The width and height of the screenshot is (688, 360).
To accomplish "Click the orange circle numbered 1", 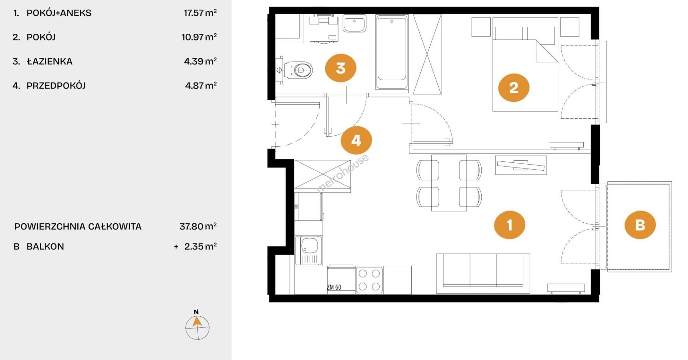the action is coord(510,225).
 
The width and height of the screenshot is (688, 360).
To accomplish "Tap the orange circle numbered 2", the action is coord(514,88).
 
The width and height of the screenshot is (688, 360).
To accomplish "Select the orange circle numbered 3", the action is coord(340,68).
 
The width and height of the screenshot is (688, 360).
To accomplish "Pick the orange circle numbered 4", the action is coord(356,140).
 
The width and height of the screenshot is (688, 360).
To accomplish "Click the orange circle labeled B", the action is coord(640,225).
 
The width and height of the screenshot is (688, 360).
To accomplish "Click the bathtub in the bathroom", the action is coord(392,52).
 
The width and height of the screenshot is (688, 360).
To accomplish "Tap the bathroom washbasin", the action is coord(354,24).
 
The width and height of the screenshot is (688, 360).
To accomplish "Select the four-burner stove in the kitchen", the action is coord(369,280).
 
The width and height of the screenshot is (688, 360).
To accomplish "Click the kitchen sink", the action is coord(309,251).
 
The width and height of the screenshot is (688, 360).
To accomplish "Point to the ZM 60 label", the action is coord(334,287).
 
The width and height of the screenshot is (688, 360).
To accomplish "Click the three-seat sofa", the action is coord(483,274).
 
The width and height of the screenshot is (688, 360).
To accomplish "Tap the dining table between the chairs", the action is coord(449,183).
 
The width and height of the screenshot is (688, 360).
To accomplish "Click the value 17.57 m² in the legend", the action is coord(200,13).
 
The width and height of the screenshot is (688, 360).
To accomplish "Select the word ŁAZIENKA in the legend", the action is coord(50,61).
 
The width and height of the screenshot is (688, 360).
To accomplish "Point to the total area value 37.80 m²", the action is coord(198,226).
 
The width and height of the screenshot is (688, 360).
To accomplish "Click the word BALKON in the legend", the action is coord(45,246).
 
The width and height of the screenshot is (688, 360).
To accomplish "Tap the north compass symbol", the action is coord(197,326).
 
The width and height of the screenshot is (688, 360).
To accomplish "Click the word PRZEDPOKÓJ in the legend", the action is coord(56,85).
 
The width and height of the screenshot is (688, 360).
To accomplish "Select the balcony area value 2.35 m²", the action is coord(201,246).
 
